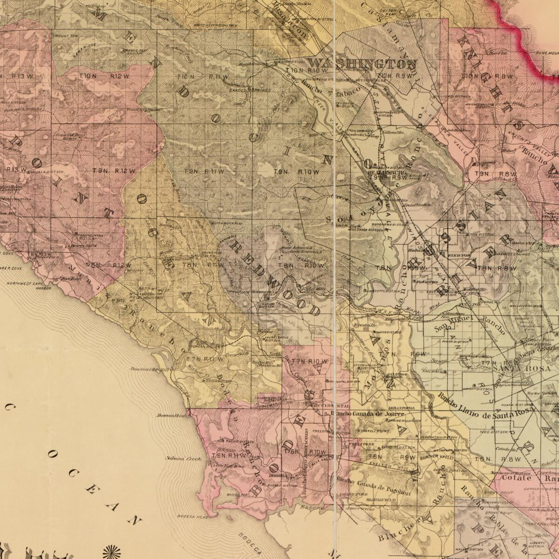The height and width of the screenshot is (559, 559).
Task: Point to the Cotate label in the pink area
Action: pos(517,478)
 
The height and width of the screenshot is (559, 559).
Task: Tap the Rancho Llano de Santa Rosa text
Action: pos(484,404)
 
